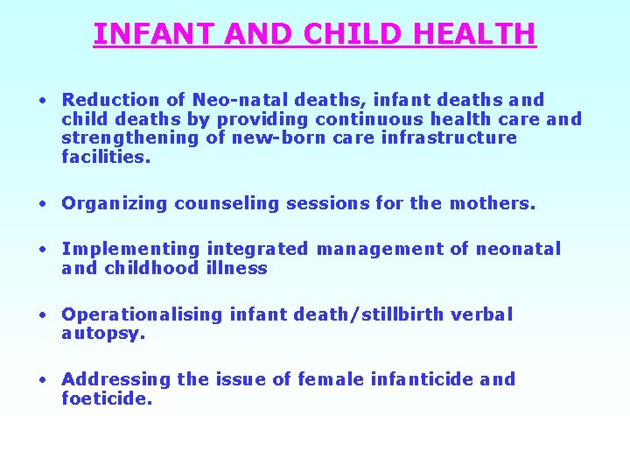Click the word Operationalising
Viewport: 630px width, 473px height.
pyautogui.click(x=142, y=314)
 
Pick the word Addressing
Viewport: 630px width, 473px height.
pyautogui.click(x=116, y=379)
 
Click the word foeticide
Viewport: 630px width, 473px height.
pyautogui.click(x=107, y=399)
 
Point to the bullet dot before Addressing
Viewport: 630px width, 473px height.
pyautogui.click(x=41, y=380)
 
